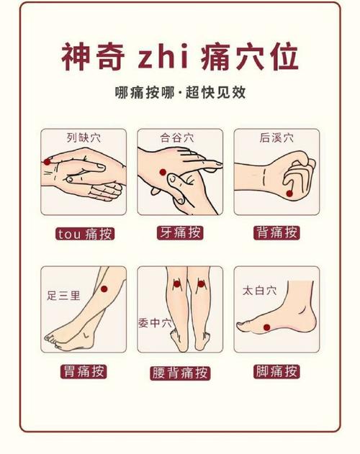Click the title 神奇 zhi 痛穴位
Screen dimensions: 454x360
(x=179, y=58)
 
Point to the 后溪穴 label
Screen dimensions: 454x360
(x=276, y=137)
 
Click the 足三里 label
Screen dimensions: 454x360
(x=63, y=295)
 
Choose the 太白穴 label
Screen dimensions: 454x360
(x=259, y=291)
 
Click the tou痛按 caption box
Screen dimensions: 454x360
(x=85, y=234)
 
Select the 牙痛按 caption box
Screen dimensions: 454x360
(x=179, y=232)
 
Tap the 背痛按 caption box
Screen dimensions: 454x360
(x=276, y=232)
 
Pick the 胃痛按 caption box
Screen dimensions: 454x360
(x=84, y=372)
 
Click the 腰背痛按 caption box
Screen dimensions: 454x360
(x=180, y=372)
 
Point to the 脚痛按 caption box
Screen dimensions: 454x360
(x=276, y=372)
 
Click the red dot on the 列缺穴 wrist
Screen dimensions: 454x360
(x=48, y=162)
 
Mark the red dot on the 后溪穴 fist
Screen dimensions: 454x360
(x=289, y=193)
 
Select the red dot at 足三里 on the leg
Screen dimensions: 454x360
(x=103, y=289)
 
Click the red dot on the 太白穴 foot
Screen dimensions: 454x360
(x=266, y=327)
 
